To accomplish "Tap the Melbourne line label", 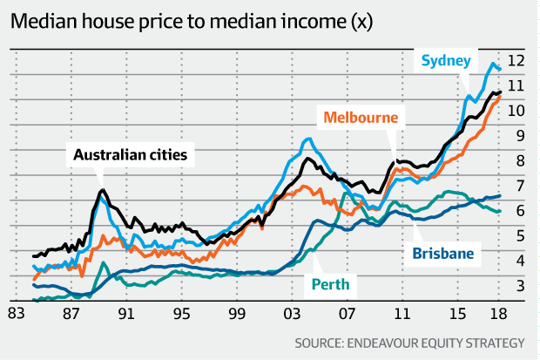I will click(x=360, y=117).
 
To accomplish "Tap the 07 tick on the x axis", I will click(x=348, y=314).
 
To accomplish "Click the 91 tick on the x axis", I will click(x=125, y=314).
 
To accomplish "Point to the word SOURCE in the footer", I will click(x=324, y=341).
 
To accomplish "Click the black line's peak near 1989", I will click(x=103, y=190).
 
